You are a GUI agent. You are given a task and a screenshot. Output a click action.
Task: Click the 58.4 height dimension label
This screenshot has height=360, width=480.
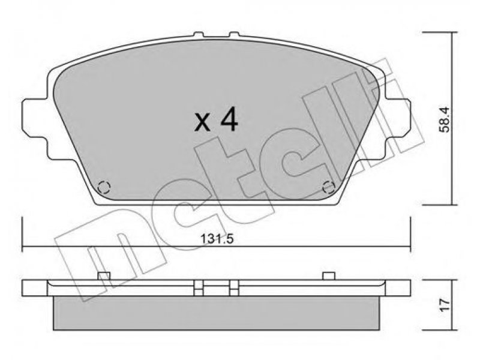point(445,119)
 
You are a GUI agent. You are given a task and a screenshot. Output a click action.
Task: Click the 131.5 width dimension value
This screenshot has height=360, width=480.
point(217,239)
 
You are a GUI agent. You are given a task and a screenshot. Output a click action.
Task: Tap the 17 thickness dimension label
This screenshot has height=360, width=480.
point(445,305)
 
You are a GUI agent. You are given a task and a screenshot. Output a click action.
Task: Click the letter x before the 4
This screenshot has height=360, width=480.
point(203,122)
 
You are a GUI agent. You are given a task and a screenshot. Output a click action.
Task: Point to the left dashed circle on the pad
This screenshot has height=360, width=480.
point(104,187)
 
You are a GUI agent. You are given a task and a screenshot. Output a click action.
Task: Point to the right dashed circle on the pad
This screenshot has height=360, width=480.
point(329,187)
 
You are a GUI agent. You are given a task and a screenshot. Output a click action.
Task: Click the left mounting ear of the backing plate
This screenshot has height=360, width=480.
point(34,118)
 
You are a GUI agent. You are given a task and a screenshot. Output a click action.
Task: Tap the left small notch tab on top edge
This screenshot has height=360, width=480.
point(199,35)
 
